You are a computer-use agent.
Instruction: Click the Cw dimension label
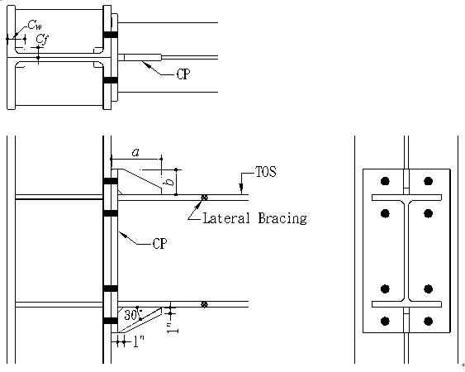coord(35,25)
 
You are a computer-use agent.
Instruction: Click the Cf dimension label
coord(42,40)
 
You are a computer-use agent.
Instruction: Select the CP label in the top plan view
coord(183,74)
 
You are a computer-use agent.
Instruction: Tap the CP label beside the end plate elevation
coord(159,244)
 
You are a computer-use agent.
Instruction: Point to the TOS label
coord(265,172)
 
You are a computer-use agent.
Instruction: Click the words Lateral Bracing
coord(254,218)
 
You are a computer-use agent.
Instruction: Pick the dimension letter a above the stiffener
coord(135,153)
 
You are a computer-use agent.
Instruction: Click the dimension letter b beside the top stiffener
coord(170,182)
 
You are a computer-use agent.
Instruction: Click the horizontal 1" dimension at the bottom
coord(138,341)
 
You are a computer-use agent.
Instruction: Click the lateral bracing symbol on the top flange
coord(204,198)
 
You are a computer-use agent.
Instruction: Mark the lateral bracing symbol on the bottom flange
coord(204,304)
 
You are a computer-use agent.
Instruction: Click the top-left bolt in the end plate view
coord(385,181)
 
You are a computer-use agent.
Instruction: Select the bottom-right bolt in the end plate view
coord(428,322)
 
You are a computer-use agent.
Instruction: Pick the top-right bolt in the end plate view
coord(428,181)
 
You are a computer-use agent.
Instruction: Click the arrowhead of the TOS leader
coord(242,188)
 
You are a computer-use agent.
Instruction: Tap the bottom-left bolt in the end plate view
coord(385,322)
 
